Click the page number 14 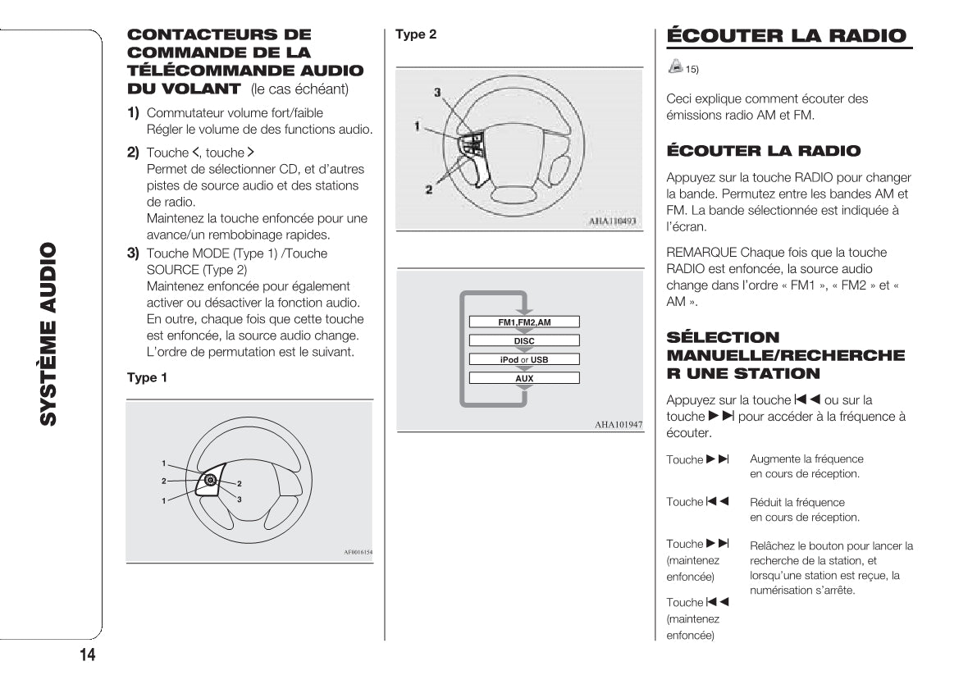click(88, 655)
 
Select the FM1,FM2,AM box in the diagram click(524, 322)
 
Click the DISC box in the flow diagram click(524, 340)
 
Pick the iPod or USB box click(524, 359)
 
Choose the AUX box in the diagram click(524, 378)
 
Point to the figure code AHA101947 click(619, 424)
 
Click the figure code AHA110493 click(613, 221)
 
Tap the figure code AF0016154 click(358, 553)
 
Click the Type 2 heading click(416, 34)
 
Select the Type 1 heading click(147, 377)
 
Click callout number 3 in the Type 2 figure click(437, 92)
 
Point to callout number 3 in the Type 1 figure click(240, 499)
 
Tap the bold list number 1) click(133, 112)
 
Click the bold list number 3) click(133, 253)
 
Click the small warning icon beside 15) click(675, 65)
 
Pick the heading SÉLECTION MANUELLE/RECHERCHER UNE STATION click(785, 355)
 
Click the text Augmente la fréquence click(806, 459)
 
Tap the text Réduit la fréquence click(797, 502)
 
